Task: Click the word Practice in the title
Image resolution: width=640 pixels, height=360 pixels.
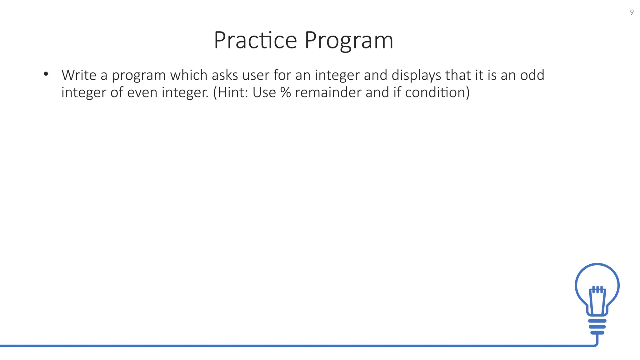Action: tap(255, 40)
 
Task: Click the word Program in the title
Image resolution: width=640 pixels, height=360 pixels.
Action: tap(349, 41)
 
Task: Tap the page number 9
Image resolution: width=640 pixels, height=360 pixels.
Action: tap(632, 12)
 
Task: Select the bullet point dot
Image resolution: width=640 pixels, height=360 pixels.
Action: tap(46, 74)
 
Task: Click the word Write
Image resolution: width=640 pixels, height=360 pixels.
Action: tap(79, 75)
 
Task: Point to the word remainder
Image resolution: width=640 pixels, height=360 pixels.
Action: tap(328, 92)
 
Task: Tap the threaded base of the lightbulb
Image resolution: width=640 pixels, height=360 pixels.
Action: tap(597, 327)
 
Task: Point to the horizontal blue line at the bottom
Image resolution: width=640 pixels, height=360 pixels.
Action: tap(281, 346)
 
